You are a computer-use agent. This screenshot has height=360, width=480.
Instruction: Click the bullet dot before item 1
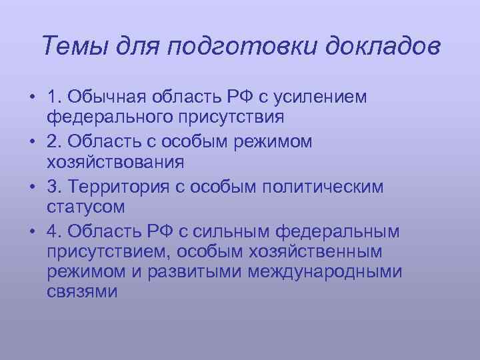31,98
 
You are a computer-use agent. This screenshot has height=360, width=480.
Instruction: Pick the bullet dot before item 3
31,186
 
